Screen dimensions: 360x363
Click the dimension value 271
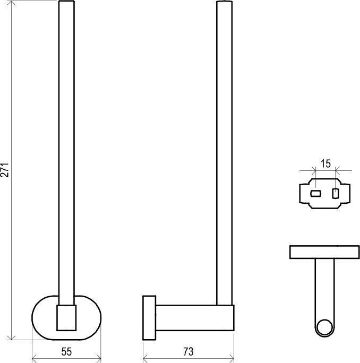(5, 170)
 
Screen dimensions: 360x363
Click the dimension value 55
(66, 352)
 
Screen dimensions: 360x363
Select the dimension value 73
(188, 352)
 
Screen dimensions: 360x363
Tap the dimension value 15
(325, 164)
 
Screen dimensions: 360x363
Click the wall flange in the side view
(149, 317)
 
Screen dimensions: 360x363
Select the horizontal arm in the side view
(195, 317)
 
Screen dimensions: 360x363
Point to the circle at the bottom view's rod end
(324, 320)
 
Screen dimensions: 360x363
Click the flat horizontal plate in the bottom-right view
(324, 252)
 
